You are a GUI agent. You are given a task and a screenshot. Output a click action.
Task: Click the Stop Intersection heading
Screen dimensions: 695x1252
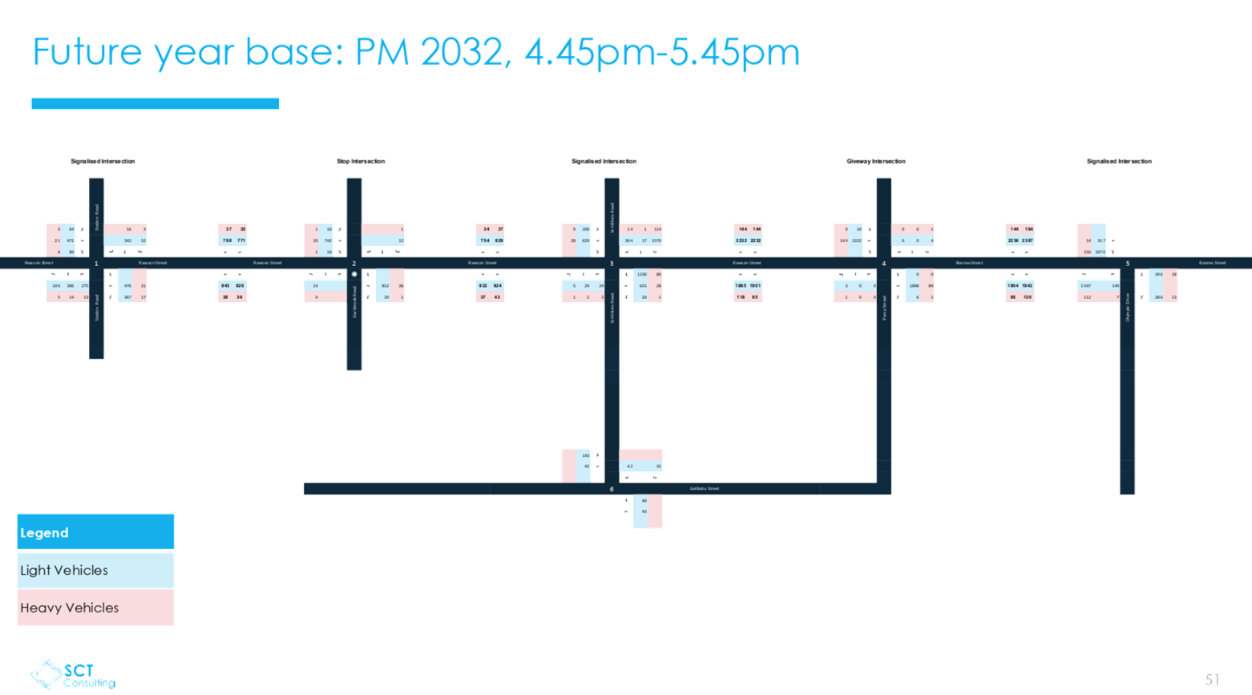(x=361, y=161)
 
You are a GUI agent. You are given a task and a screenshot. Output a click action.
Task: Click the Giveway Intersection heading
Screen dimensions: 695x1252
(x=876, y=161)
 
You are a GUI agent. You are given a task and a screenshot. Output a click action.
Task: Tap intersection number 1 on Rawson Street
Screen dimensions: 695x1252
(x=96, y=264)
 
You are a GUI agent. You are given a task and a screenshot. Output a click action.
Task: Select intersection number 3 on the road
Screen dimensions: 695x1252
(x=612, y=264)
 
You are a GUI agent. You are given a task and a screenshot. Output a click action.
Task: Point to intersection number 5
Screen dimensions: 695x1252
(x=1128, y=264)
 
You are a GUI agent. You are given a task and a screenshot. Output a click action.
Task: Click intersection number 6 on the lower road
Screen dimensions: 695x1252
(x=612, y=489)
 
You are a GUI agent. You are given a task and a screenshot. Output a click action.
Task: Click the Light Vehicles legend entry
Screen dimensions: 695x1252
(x=95, y=570)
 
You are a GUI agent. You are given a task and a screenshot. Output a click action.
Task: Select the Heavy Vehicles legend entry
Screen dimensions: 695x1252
(x=95, y=608)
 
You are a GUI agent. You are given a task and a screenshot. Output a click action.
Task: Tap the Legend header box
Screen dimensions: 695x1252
(x=95, y=532)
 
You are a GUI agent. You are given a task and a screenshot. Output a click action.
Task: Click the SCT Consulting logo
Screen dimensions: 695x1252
(x=73, y=675)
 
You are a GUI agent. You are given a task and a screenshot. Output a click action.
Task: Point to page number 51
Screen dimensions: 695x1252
(x=1211, y=680)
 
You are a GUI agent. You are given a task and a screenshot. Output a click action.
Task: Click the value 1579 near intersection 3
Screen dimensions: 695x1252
(x=656, y=240)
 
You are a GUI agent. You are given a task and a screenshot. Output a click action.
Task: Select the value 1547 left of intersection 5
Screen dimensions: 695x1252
(x=1085, y=285)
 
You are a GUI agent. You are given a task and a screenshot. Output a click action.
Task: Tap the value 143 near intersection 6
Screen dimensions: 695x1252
(x=586, y=455)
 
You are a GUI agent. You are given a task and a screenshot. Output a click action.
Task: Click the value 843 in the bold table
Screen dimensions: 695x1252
(x=225, y=285)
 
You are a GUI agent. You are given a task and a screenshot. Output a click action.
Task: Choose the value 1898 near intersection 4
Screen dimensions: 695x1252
(x=914, y=285)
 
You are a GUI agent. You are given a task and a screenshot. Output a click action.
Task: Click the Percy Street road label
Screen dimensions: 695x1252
(x=885, y=308)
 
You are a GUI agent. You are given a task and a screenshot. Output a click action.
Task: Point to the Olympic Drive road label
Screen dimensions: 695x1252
(x=1128, y=308)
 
